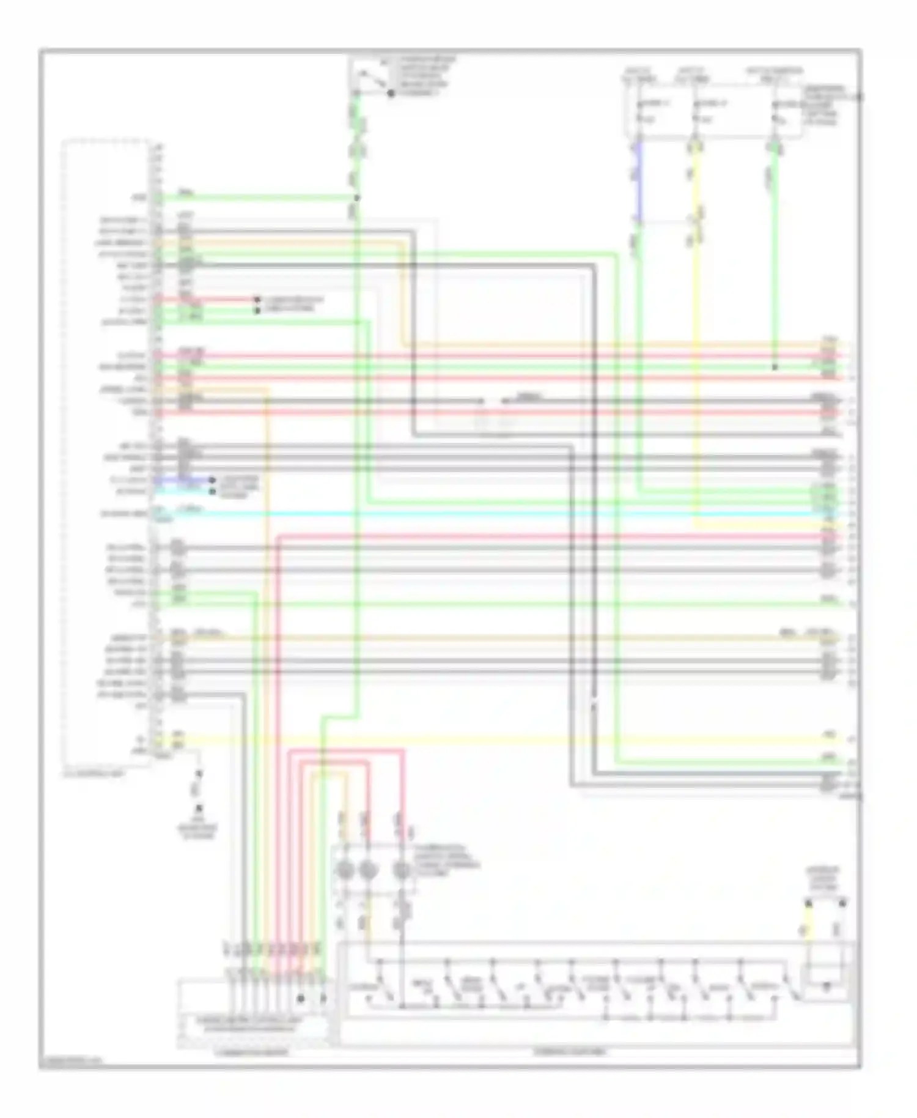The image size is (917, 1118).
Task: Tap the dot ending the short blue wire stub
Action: (212, 481)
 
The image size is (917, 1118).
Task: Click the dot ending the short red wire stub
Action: (257, 300)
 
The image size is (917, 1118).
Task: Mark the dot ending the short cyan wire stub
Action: (212, 491)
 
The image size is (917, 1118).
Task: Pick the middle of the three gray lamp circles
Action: (367, 870)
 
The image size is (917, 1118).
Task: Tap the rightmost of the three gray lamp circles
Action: (401, 870)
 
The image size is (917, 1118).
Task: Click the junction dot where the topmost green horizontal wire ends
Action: (358, 198)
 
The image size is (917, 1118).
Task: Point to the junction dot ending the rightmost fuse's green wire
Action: (775, 368)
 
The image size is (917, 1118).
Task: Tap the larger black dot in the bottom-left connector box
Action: (301, 998)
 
